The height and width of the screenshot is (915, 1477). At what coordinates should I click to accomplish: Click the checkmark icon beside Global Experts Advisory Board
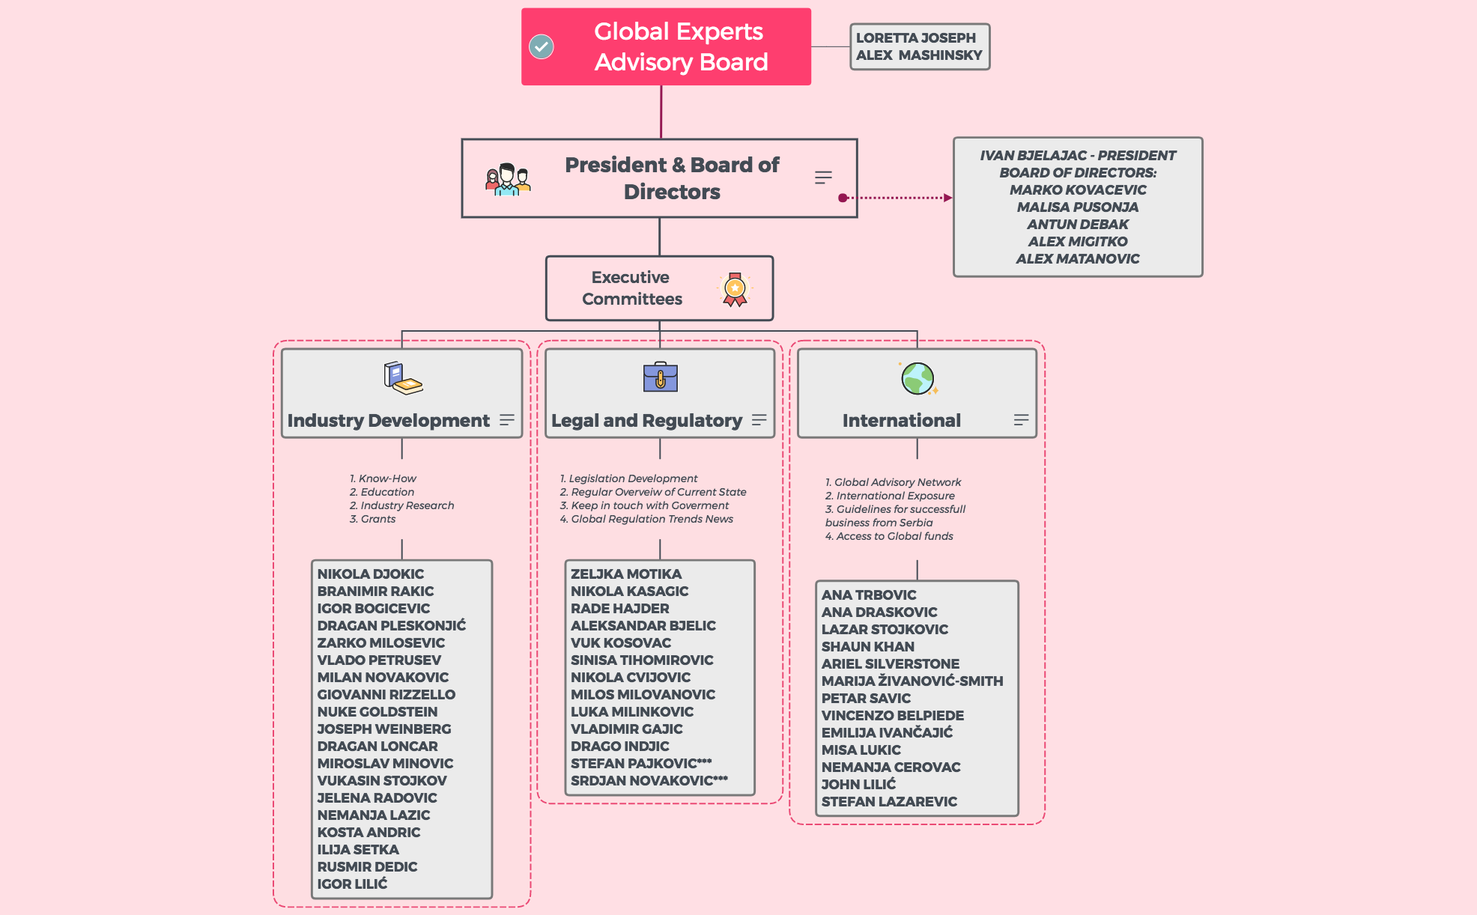click(x=541, y=46)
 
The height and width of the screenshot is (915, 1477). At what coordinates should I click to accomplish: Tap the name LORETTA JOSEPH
click(x=915, y=37)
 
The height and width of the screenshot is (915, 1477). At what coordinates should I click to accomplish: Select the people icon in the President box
click(x=507, y=179)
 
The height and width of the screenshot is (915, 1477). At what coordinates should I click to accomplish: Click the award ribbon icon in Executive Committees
click(x=735, y=289)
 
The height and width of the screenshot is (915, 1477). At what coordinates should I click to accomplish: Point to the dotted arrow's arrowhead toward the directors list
click(x=948, y=198)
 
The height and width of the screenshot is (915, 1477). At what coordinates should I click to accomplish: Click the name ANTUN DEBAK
click(x=1077, y=224)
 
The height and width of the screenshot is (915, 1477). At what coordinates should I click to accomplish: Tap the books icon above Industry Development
click(x=402, y=377)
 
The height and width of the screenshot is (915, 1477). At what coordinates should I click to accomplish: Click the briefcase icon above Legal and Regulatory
click(x=660, y=377)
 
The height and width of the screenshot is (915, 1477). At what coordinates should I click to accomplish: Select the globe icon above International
click(x=918, y=378)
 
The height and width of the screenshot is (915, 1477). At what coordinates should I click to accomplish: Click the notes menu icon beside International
click(x=1021, y=420)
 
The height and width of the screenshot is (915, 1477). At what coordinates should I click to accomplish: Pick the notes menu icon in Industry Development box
click(x=507, y=420)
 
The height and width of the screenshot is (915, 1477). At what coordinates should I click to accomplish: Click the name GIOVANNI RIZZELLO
click(x=386, y=694)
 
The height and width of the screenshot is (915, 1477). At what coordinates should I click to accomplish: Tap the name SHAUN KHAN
click(x=867, y=646)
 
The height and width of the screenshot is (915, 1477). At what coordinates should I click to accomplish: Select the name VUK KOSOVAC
click(x=620, y=642)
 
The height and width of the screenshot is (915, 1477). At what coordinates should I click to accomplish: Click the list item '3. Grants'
click(x=372, y=519)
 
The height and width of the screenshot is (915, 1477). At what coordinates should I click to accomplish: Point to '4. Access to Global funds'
click(x=888, y=536)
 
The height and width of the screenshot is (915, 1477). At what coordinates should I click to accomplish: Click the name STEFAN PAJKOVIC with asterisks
click(x=640, y=763)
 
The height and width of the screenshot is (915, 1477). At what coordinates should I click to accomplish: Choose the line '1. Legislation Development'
click(x=628, y=478)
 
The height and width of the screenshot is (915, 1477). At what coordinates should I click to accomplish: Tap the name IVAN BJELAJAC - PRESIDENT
click(x=1077, y=155)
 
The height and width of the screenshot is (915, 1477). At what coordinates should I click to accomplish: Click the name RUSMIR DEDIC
click(x=367, y=866)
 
